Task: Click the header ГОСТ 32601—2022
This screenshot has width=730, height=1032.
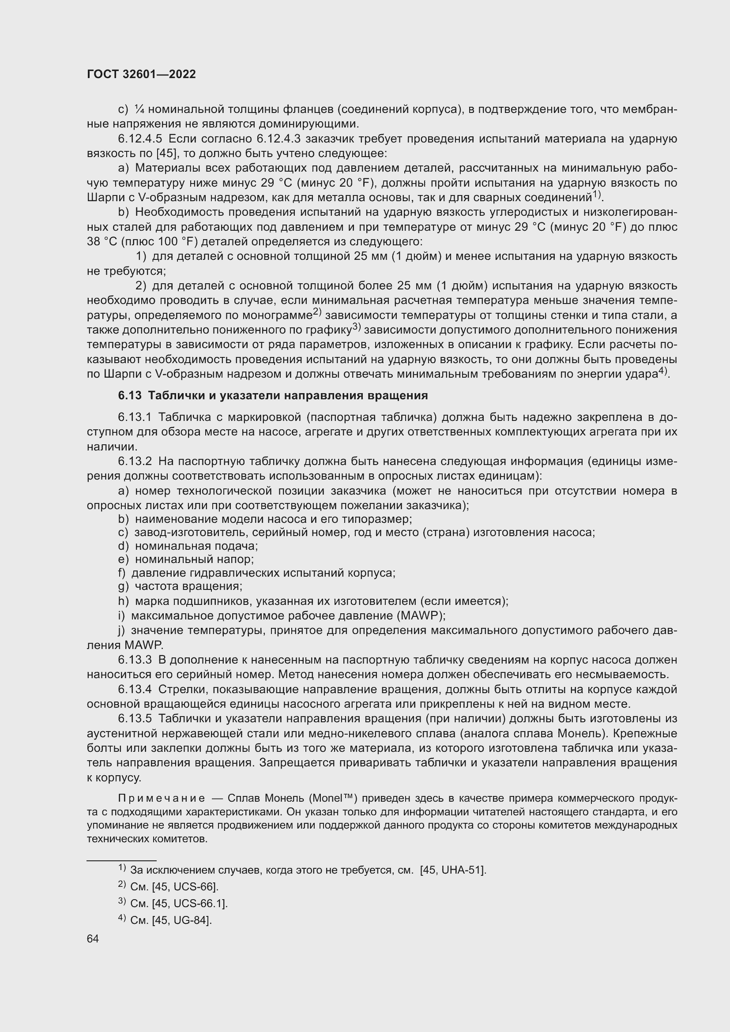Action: pos(141,75)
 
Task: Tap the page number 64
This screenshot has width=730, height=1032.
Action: pos(93,938)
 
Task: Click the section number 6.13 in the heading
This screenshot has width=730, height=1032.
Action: pos(129,395)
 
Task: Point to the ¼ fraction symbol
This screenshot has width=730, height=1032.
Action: pos(139,109)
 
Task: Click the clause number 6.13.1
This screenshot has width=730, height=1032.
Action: pos(135,417)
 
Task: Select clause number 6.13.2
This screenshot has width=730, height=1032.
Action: pos(135,461)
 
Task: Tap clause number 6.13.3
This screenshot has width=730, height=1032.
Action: pos(135,660)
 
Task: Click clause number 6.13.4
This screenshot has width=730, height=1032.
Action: pos(135,689)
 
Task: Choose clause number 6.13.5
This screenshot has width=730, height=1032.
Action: pos(135,719)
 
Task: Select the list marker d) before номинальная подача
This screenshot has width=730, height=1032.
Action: pos(123,546)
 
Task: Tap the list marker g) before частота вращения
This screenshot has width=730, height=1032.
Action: pos(123,586)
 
